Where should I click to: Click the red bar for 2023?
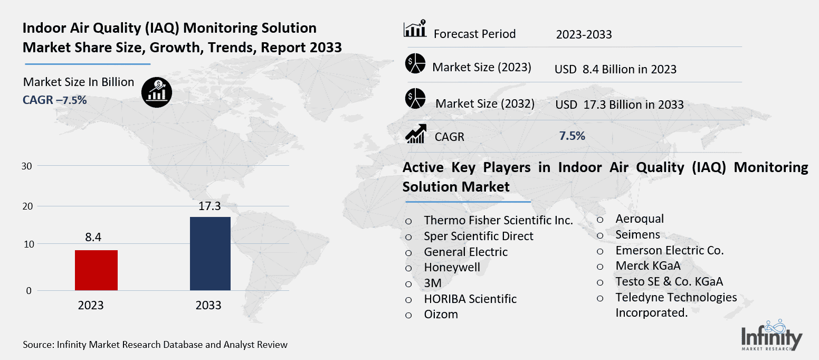pos(96,270)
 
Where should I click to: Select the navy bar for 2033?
pos(210,253)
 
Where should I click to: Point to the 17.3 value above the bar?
pos(209,206)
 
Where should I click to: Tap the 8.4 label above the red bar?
pos(96,239)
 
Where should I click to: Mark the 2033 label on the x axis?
pos(208,306)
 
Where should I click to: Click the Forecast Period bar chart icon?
pos(415,30)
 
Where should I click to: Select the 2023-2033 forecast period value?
pos(584,35)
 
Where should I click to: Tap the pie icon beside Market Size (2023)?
pos(415,64)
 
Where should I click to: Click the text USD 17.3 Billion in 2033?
pos(619,105)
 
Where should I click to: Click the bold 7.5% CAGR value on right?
pos(572,136)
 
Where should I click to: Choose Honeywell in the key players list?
pos(452,268)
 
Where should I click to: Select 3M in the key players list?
pos(433,283)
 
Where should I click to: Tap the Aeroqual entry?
pos(640,219)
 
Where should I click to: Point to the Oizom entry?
pos(441,315)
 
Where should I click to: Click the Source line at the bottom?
pos(155,345)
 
